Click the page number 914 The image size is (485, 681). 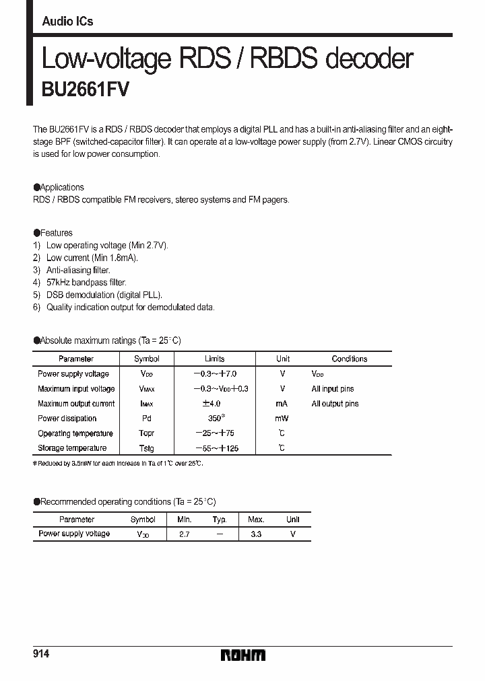pos(42,655)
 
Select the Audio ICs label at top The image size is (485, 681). pos(67,22)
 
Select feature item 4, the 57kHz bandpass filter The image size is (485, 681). pos(86,283)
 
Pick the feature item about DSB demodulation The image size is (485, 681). pos(104,295)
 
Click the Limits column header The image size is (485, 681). pos(214,359)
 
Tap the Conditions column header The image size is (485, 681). pos(349,359)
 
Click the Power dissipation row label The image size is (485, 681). pos(67,419)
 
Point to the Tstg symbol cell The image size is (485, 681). pos(146,448)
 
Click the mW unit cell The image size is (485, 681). pos(282,419)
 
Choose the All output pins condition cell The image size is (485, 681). pos(335,404)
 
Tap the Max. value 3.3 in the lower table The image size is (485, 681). pos(255,534)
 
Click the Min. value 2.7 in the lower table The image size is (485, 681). pos(184,534)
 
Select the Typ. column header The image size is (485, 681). pos(220,519)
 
